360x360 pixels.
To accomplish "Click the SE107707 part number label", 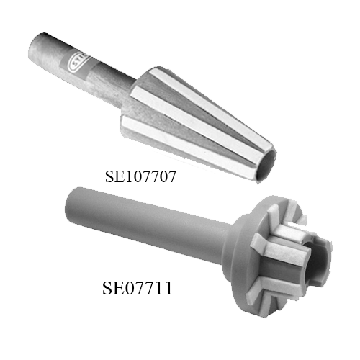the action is click(x=140, y=176).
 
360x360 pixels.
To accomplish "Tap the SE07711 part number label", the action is click(x=138, y=288).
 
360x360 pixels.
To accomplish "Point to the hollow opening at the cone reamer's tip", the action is click(x=267, y=166).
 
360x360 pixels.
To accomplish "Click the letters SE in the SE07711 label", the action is click(x=111, y=288).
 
